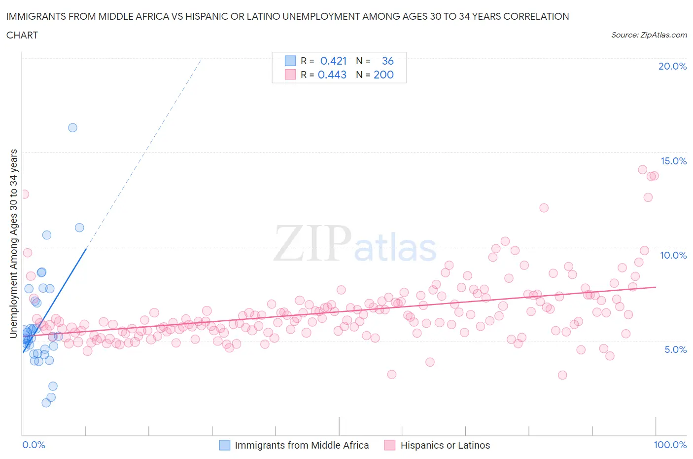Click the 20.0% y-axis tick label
(672, 66)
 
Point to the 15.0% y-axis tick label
(673, 161)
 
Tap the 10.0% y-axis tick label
(673, 255)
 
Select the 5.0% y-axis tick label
(675, 349)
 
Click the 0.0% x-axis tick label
(34, 445)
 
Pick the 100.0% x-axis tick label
(670, 445)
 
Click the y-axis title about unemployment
(13, 243)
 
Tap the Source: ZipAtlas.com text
(649, 35)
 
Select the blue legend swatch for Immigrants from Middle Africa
(224, 445)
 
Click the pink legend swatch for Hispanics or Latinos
(390, 445)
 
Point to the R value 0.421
(334, 61)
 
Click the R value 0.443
(332, 75)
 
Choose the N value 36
(388, 61)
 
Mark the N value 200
(383, 75)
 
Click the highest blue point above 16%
(72, 128)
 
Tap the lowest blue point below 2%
(46, 403)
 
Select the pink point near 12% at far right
(544, 208)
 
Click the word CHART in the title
(22, 35)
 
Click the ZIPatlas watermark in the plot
(355, 244)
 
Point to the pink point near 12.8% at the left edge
(24, 194)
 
